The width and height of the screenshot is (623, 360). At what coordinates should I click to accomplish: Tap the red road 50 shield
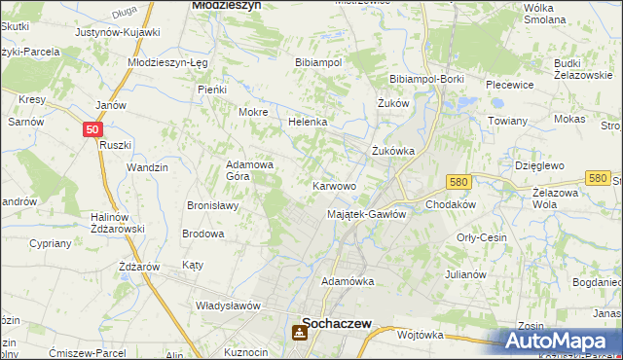92,128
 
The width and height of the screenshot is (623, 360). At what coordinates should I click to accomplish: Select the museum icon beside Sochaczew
296,334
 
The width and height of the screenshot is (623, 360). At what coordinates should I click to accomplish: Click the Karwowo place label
333,185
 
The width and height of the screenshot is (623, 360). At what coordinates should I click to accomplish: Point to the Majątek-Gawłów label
366,214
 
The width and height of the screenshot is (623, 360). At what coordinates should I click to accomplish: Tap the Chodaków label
450,204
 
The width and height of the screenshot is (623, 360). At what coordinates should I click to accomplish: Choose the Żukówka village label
394,151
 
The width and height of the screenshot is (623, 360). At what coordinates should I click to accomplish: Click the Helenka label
307,123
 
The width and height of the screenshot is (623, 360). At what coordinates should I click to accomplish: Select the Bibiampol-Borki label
424,79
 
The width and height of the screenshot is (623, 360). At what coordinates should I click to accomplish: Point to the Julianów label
465,274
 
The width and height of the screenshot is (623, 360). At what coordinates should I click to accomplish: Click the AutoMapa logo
559,341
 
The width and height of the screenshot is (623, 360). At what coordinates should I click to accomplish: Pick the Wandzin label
147,167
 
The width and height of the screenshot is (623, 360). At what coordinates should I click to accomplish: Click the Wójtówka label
421,334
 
